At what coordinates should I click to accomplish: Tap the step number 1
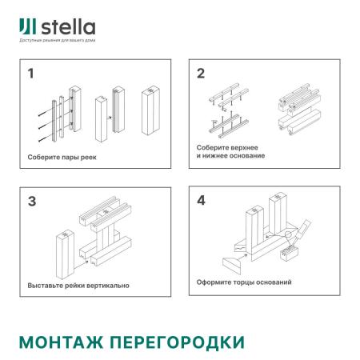coord(31,75)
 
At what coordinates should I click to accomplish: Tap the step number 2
coord(201,74)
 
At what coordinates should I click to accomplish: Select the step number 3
coord(32,201)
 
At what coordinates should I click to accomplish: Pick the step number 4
coord(201,201)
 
